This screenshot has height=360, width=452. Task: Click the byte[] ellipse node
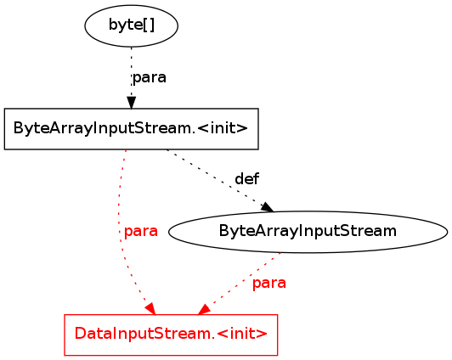coord(131,25)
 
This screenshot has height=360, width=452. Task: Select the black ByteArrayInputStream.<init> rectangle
coord(131,129)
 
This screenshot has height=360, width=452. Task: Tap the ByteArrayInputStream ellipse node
coord(308,232)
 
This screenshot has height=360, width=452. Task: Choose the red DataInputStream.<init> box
coord(171,335)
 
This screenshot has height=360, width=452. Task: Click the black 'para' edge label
coord(150,77)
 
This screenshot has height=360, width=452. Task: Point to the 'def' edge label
coord(247,179)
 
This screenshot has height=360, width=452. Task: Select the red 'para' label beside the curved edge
coord(141,231)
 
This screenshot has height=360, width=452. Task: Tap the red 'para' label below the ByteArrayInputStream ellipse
coord(269,283)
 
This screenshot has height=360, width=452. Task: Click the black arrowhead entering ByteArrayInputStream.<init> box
coord(132,103)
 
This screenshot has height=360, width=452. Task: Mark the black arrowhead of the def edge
coord(268,207)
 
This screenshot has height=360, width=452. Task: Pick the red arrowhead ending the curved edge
coord(150,309)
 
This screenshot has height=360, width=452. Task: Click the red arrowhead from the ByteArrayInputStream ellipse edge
coord(204,310)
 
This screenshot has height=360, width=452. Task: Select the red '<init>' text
coord(242,335)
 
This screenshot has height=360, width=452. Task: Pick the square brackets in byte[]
coord(149,25)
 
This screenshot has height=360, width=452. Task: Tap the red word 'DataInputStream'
coord(144,334)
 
